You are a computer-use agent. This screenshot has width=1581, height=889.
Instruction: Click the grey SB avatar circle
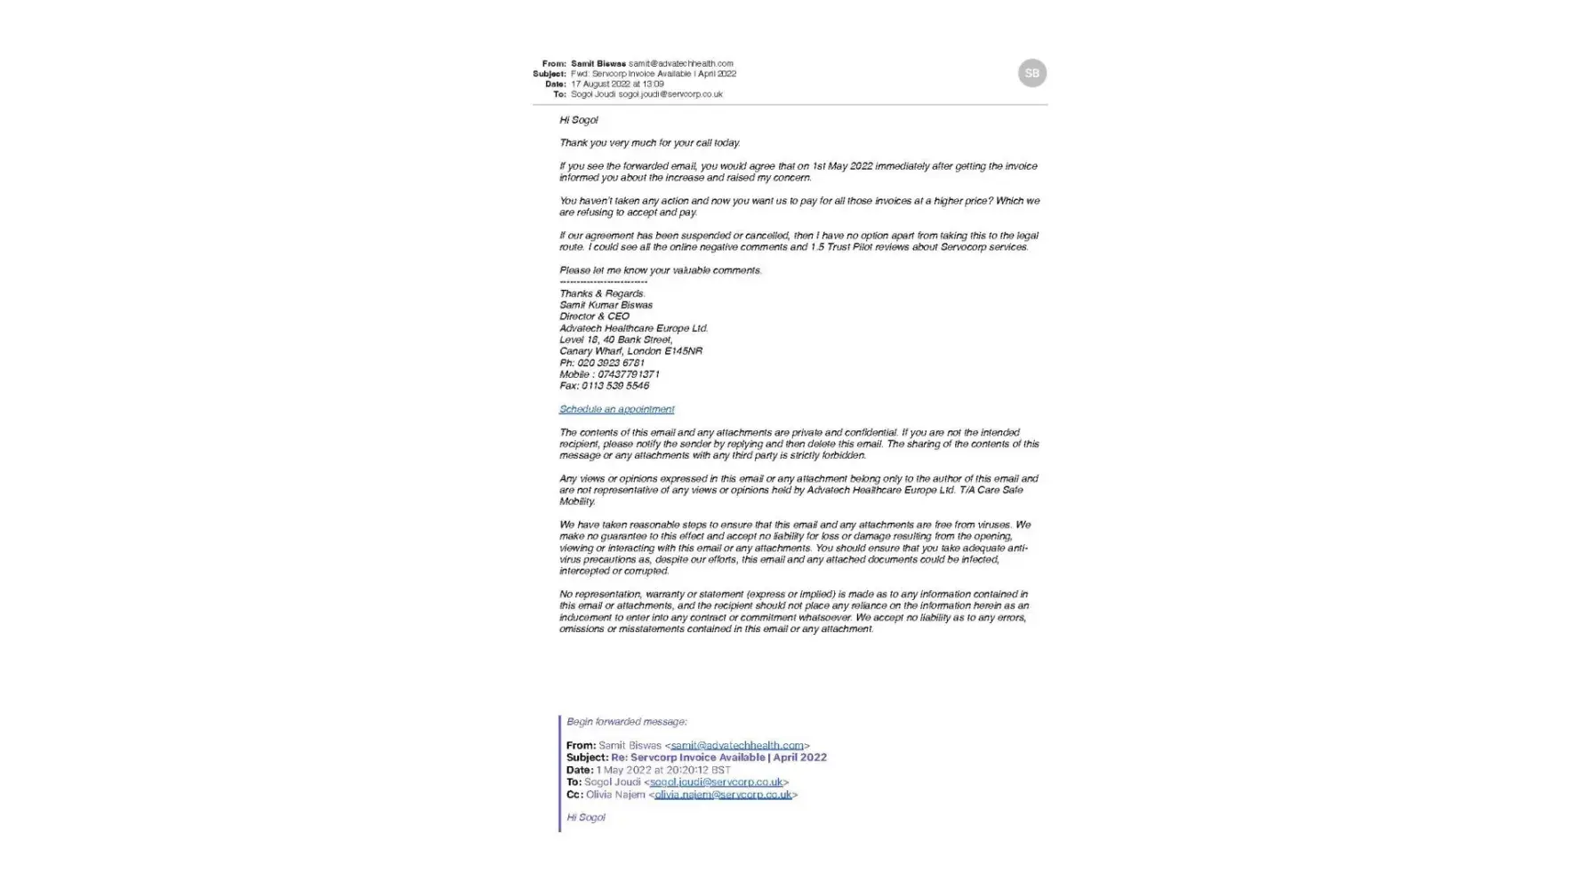click(1031, 73)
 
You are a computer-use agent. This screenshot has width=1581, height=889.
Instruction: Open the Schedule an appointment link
click(616, 409)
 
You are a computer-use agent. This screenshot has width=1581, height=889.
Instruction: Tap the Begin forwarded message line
click(626, 721)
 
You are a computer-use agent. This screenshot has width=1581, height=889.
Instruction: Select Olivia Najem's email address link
click(722, 794)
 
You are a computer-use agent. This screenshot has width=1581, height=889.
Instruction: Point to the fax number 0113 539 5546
click(615, 386)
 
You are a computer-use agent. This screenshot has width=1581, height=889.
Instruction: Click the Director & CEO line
click(594, 316)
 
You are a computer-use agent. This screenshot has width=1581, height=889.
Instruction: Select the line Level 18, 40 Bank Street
click(615, 340)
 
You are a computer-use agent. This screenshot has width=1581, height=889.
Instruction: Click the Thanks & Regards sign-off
click(602, 293)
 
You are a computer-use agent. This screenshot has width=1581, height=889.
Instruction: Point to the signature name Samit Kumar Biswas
click(606, 305)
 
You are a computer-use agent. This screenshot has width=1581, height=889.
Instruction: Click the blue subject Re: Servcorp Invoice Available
click(718, 757)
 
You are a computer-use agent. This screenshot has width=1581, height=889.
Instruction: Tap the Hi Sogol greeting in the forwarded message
click(585, 817)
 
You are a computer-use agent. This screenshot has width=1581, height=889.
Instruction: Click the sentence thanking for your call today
click(649, 142)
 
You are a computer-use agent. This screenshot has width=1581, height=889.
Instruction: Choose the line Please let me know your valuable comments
click(660, 270)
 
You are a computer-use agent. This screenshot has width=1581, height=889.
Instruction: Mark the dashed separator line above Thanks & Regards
click(603, 282)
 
